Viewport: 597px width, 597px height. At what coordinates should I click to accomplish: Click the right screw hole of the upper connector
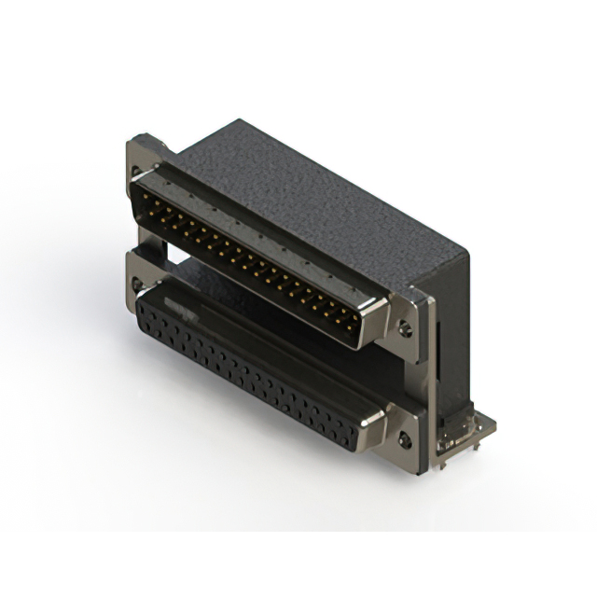pos(406,327)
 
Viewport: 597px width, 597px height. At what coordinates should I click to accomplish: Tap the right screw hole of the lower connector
pos(406,437)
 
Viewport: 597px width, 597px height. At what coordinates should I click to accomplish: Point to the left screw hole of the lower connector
pos(137,284)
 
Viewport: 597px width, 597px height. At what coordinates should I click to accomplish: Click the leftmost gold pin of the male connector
pos(140,198)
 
